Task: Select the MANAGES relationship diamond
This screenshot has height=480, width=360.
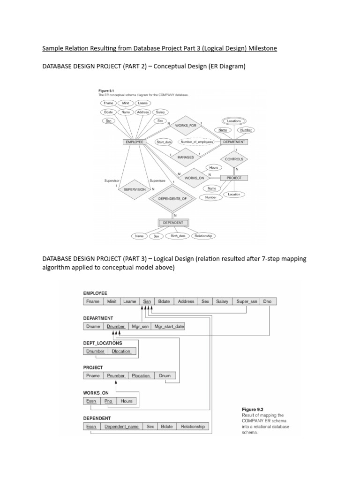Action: coord(186,157)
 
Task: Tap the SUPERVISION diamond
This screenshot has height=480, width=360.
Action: coord(135,189)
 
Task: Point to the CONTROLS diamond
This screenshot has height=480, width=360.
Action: coord(234,159)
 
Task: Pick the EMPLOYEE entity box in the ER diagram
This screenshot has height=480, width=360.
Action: coord(134,142)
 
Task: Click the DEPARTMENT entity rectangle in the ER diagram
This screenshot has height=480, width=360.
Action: coord(234,142)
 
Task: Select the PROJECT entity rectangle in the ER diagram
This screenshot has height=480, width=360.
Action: coord(234,178)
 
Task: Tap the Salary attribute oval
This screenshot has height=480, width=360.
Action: coord(160,112)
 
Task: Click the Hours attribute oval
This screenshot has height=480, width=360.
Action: coord(214,167)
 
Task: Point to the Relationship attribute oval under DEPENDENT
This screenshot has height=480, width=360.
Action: coord(203,236)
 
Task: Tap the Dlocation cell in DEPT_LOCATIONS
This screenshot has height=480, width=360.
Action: coord(121,351)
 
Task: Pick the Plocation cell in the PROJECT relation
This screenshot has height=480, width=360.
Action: coord(141,375)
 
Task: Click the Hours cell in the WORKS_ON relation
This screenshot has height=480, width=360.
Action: coord(127,401)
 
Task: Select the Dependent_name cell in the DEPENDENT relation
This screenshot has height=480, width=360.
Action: coord(121,427)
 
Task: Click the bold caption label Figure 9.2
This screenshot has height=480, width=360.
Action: coord(253,409)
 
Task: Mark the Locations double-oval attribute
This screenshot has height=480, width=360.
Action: coord(234,121)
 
